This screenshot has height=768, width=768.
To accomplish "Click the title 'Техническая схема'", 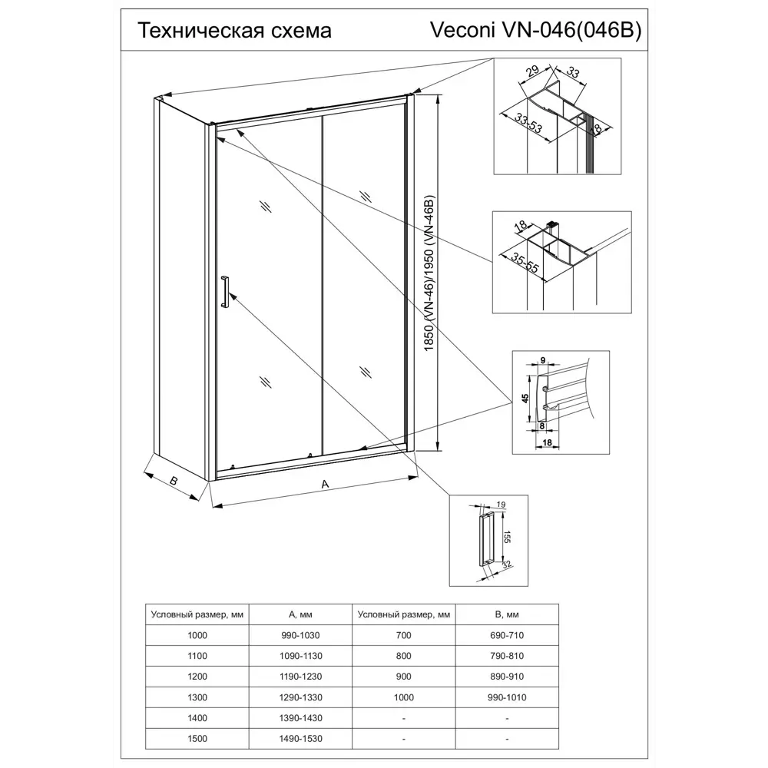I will point(233,31).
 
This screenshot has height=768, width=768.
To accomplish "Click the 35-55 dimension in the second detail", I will point(521,265).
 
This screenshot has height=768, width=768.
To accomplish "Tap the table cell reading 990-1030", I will point(301,635).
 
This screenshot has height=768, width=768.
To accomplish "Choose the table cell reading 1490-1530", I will point(301,740).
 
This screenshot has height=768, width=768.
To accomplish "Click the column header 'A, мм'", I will point(301,614).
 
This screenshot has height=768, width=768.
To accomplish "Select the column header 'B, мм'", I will point(507,614).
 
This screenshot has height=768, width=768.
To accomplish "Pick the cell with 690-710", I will point(507,635).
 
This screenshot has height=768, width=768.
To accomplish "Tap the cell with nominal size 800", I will point(404,656).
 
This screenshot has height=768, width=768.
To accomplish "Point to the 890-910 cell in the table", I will point(507,677).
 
